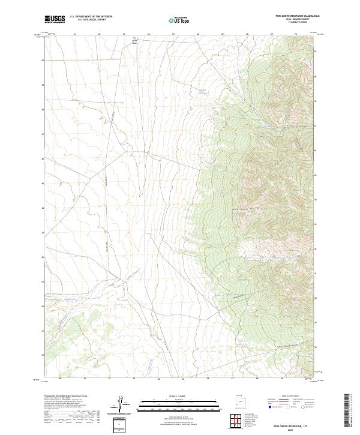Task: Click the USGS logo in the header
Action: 55,20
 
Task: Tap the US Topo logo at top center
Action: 179,20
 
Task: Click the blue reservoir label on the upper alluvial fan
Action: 202,91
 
